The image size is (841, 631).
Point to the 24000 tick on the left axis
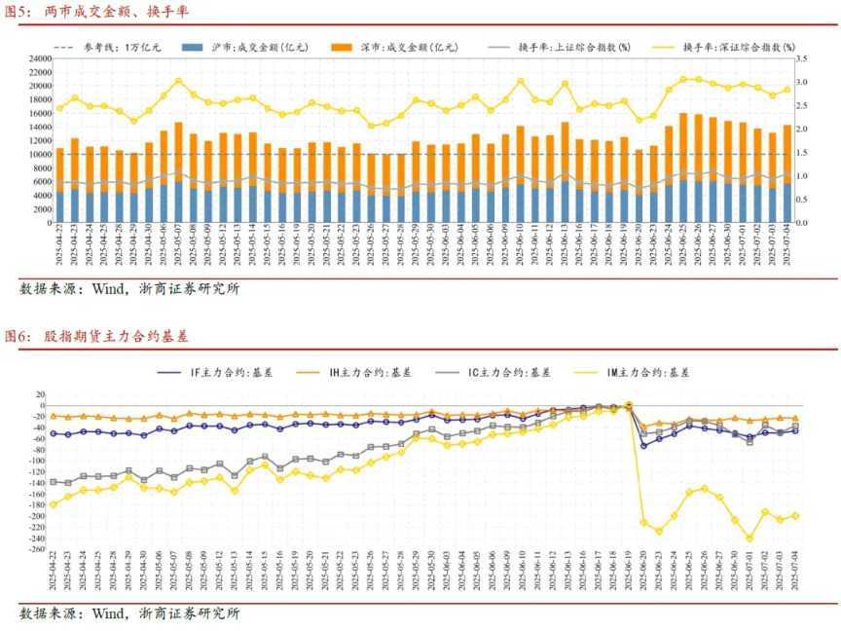pos(39,58)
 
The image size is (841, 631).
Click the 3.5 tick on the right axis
pos(803,58)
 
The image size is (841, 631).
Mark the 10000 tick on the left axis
pos(39,154)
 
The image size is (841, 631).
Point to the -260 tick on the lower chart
pos(34,549)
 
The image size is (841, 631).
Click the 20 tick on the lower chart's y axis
pos(40,395)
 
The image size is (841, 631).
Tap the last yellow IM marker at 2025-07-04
pos(795,516)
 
